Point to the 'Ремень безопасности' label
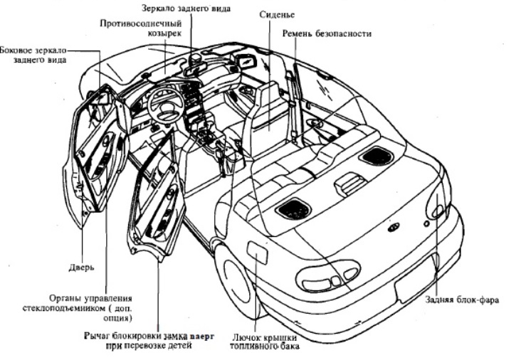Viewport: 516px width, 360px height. [x=326, y=33]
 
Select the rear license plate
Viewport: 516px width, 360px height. [x=415, y=285]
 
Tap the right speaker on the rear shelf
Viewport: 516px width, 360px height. [x=376, y=155]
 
